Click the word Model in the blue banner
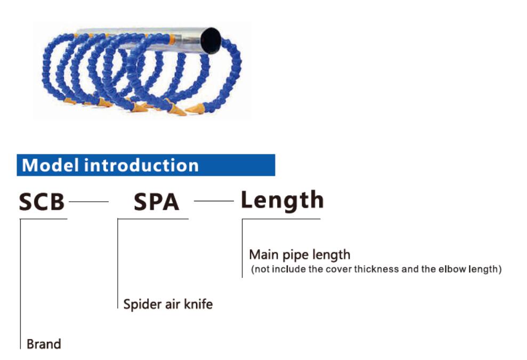point(51,165)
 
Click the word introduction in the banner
point(142,165)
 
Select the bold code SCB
point(42,202)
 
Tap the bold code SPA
point(156,202)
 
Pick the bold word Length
point(282,201)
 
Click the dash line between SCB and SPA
point(89,202)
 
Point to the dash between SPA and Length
point(214,201)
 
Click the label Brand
point(44,344)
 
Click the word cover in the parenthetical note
point(338,269)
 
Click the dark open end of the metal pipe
point(210,40)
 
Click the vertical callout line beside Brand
point(20,284)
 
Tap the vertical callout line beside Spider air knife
point(118,264)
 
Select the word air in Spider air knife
point(173,304)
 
